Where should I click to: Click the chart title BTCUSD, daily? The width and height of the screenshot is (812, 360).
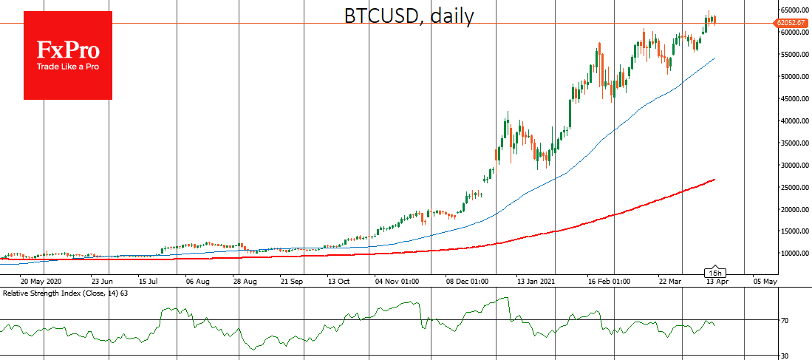409,16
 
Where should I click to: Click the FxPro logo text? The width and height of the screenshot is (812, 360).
68,50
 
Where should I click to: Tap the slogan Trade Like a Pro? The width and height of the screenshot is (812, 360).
68,67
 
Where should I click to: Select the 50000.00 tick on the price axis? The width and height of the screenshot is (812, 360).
793,77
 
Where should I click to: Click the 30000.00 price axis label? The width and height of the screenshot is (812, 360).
793,166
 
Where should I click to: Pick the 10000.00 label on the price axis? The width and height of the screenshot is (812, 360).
793,254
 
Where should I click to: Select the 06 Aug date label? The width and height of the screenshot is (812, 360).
200,282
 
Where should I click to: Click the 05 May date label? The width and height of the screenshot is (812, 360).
765,282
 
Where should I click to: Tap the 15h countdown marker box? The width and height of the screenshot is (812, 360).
714,272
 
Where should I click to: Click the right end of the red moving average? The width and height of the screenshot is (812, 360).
714,179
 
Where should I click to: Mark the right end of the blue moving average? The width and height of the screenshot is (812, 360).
714,58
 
